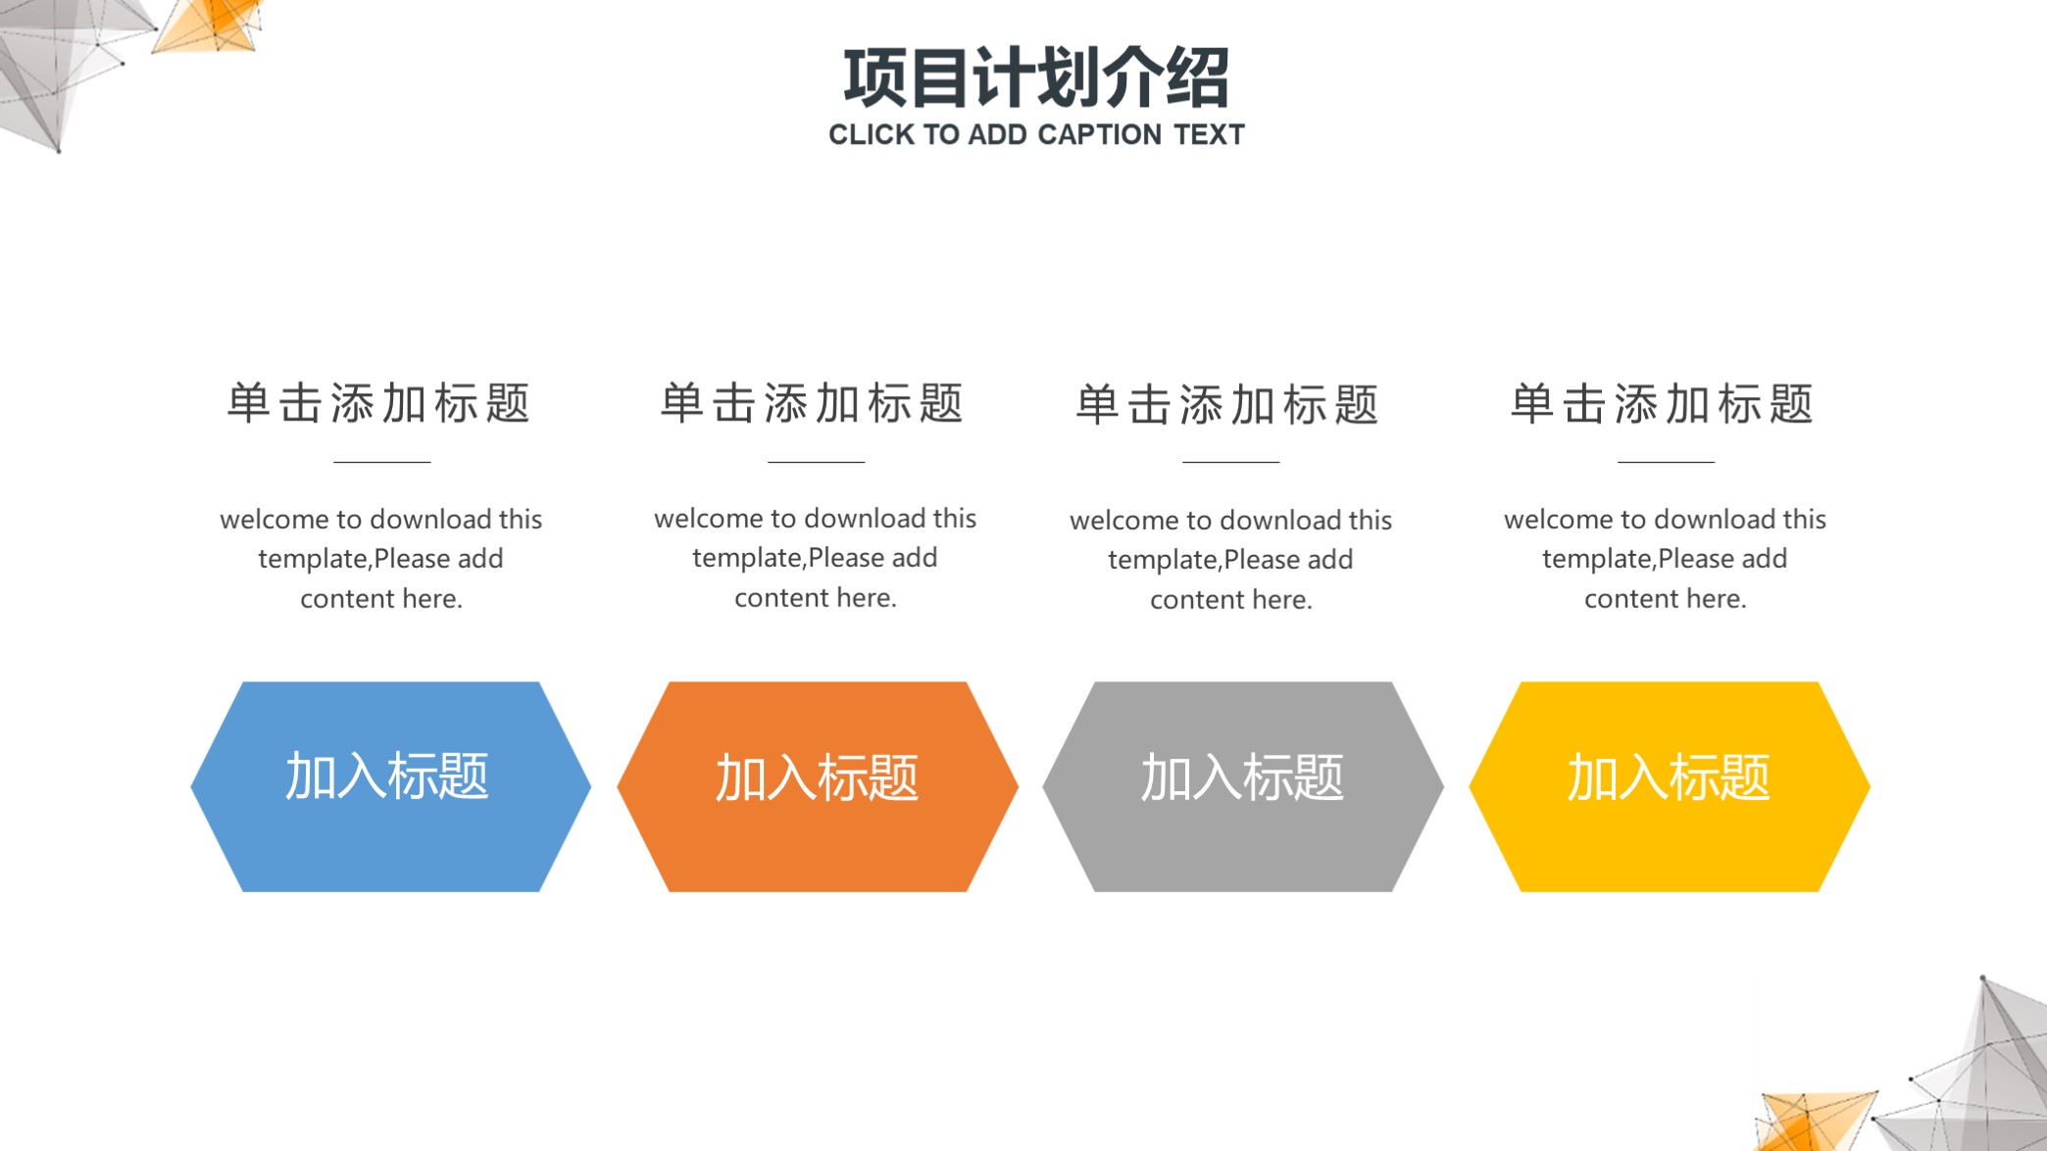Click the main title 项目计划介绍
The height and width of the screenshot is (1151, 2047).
point(1036,77)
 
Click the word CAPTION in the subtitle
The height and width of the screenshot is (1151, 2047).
point(1100,134)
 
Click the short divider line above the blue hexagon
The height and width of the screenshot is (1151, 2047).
point(382,462)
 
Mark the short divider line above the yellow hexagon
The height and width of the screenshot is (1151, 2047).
point(1666,462)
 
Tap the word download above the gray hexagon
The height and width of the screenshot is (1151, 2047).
point(1280,521)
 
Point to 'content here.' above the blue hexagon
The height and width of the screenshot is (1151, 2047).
point(381,599)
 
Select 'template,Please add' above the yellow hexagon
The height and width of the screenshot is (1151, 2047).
point(1665,559)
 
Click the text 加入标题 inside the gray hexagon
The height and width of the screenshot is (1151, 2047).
point(1242,777)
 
